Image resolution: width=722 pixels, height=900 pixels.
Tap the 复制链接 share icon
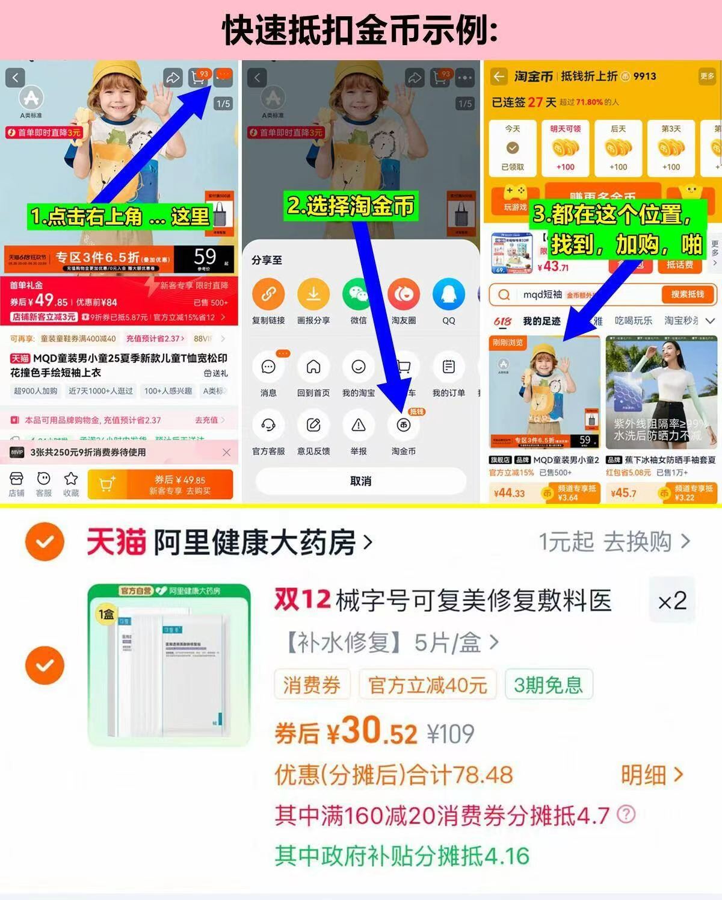pos(268,295)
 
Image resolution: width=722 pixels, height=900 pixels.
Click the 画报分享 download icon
pos(313,295)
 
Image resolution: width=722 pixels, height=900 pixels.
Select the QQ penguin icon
pos(449,295)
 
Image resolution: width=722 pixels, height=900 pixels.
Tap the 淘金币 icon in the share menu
pos(403,426)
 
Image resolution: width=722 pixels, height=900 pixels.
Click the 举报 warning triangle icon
pos(359,426)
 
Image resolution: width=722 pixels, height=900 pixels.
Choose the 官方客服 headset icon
pos(268,426)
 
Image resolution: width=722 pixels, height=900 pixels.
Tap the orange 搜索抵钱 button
pos(687,294)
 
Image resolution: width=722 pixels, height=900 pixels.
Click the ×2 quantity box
pos(672,601)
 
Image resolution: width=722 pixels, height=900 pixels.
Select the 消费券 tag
pos(312,685)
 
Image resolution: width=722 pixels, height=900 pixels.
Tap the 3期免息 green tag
pos(548,685)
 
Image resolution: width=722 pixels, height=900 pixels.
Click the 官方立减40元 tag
pos(428,685)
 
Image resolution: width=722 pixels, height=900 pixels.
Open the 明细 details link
pos(652,775)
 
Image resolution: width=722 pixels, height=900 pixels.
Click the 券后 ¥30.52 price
pos(346,733)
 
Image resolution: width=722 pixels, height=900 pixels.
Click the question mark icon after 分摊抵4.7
pos(626,815)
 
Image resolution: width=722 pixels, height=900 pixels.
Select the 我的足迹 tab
pos(541,321)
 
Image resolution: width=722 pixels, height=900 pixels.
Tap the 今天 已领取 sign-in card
pos(513,148)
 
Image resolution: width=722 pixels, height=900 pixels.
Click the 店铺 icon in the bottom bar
pos(16,483)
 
